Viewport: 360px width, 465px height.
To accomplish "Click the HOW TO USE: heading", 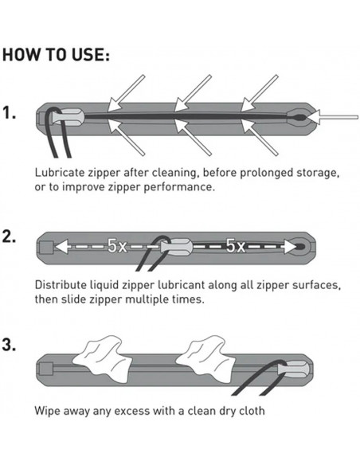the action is pyautogui.click(x=56, y=55).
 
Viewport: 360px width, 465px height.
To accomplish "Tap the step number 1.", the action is pyautogui.click(x=10, y=113).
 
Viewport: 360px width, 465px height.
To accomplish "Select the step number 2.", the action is pyautogui.click(x=9, y=236).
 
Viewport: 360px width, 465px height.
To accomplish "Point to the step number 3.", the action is pyautogui.click(x=9, y=345).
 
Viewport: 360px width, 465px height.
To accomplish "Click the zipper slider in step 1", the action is pyautogui.click(x=68, y=117).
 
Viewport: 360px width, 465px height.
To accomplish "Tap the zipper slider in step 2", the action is pyautogui.click(x=176, y=247).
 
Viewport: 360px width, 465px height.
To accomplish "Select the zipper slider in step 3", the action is pyautogui.click(x=293, y=369).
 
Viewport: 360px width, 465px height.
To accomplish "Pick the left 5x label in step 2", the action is pyautogui.click(x=117, y=246).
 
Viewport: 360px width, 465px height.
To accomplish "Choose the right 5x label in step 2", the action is pyautogui.click(x=236, y=246).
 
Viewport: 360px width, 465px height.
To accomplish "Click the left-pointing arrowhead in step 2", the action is pyautogui.click(x=61, y=247).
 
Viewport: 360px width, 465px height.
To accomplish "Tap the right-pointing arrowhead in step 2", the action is pyautogui.click(x=290, y=247).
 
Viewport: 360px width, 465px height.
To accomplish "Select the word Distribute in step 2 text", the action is pyautogui.click(x=61, y=285).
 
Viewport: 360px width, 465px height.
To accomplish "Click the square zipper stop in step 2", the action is pyautogui.click(x=46, y=248).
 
